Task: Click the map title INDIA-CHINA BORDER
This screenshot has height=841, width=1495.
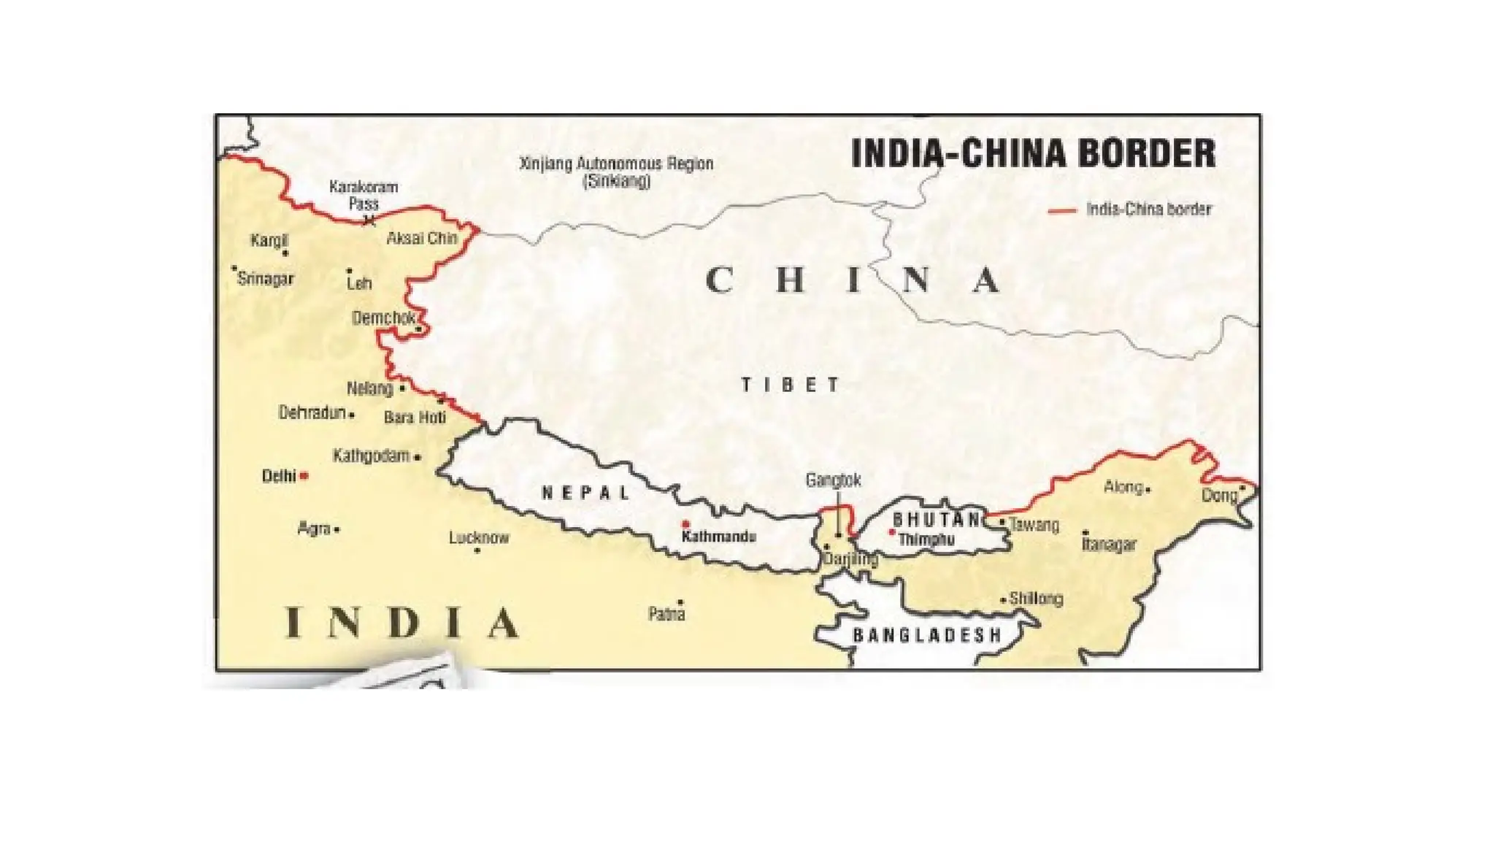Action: coord(1033,154)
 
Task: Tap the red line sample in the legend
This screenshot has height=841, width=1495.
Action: coord(1062,210)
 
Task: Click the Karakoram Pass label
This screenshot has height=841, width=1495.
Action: coord(364,195)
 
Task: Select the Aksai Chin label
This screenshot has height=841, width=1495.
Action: coord(422,239)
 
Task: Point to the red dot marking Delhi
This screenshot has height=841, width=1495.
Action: coord(304,476)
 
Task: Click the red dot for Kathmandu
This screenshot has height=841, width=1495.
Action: coord(685,524)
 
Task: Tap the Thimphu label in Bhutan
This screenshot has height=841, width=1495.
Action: coord(926,539)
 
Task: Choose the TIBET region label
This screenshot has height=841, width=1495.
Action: coord(791,385)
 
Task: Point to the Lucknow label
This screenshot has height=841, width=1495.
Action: coord(479,538)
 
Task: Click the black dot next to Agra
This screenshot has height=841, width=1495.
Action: coord(337,530)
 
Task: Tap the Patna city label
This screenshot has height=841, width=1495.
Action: coord(666,615)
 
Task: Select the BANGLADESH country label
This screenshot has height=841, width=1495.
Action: coord(927,635)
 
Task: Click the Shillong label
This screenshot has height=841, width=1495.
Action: coord(1036,599)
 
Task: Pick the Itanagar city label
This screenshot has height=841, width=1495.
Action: coord(1109,545)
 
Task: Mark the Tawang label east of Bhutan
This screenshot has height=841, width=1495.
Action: coord(1034,525)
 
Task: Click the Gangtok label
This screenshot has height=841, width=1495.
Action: coord(833,480)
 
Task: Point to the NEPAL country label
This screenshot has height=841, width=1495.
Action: coord(586,494)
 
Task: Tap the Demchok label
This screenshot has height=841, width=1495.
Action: coord(383,318)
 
